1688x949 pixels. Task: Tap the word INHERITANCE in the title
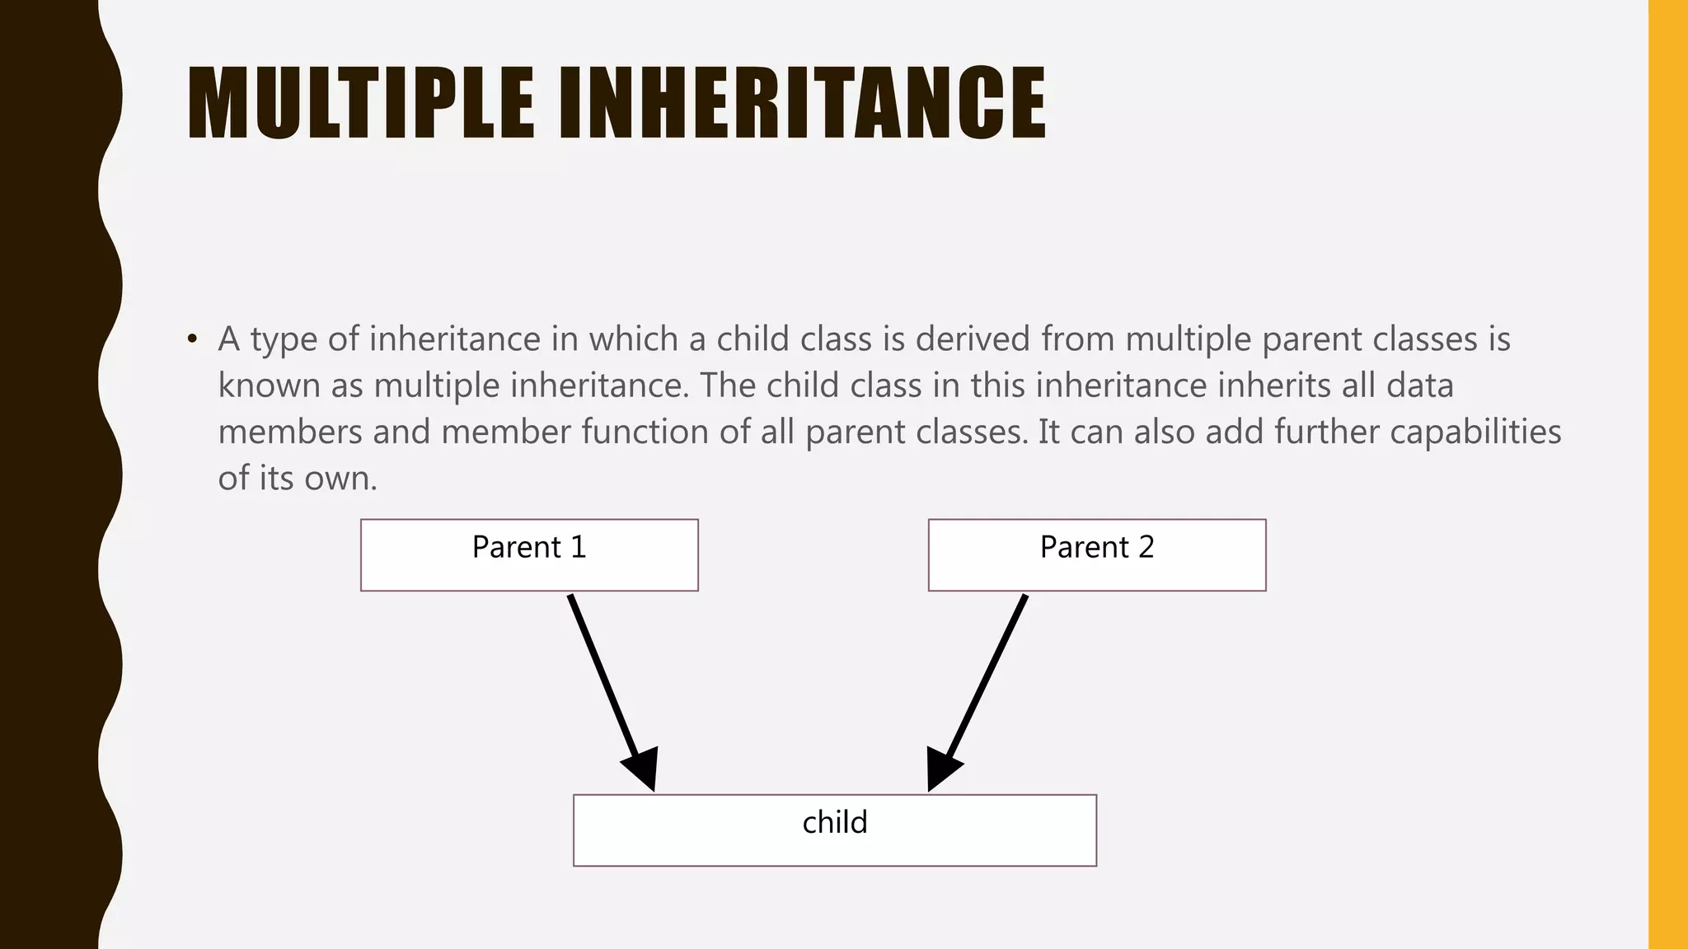coord(802,103)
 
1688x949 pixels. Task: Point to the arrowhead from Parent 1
coord(642,769)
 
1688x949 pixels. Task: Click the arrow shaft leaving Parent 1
coord(602,671)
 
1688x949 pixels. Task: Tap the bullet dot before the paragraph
coord(192,339)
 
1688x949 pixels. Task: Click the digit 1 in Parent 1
coord(579,547)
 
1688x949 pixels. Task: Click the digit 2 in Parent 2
coord(1146,547)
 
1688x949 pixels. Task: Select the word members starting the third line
coord(290,432)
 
